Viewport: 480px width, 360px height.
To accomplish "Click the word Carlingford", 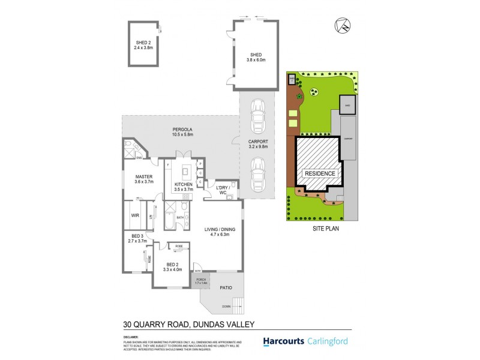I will point(346,341).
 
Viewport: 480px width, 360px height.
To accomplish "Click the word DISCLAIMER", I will point(131,337).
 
